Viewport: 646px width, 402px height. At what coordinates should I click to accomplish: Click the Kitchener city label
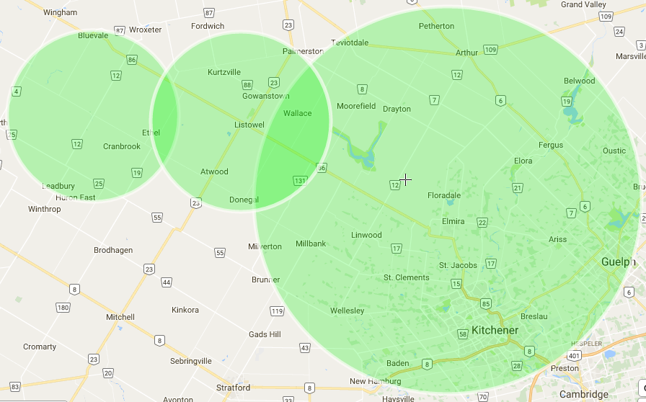coord(495,331)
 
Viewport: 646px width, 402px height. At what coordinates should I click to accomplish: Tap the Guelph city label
coord(619,262)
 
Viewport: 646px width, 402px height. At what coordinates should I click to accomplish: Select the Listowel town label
coord(249,125)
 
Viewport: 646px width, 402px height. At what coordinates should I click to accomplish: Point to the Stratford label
coord(233,388)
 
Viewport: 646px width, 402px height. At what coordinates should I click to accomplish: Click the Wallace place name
coord(297,113)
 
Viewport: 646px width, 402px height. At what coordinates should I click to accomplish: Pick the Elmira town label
coord(453,221)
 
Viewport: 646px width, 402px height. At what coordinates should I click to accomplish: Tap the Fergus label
coord(551,146)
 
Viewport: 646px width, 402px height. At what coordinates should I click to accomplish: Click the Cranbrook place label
coord(122,146)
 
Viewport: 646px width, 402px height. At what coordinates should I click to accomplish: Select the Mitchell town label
coord(120,317)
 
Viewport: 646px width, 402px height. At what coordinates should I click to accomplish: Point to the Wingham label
coord(60,13)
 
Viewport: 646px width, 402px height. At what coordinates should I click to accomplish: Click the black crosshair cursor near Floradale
coord(406,179)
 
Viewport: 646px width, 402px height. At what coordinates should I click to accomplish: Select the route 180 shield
coord(63,308)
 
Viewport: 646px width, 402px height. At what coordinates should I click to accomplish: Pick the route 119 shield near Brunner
coord(277,311)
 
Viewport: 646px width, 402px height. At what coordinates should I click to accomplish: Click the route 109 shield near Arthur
coord(491,50)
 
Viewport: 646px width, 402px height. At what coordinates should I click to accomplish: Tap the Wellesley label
coord(347,311)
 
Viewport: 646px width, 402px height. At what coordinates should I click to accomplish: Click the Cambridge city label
coord(584,394)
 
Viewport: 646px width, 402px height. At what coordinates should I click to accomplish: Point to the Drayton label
coord(397,109)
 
